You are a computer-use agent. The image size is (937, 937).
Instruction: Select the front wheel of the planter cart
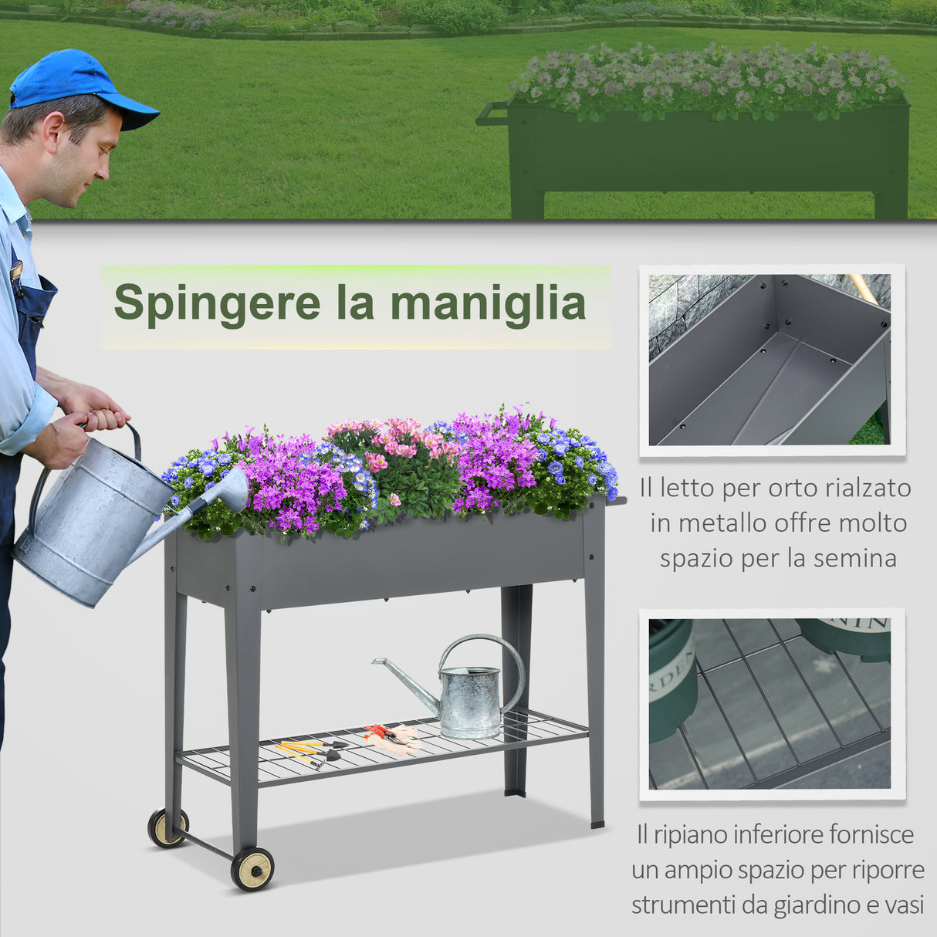tap(252, 868)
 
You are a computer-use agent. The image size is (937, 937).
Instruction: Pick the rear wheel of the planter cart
tap(167, 827)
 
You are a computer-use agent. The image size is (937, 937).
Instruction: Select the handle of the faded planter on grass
tap(492, 114)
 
